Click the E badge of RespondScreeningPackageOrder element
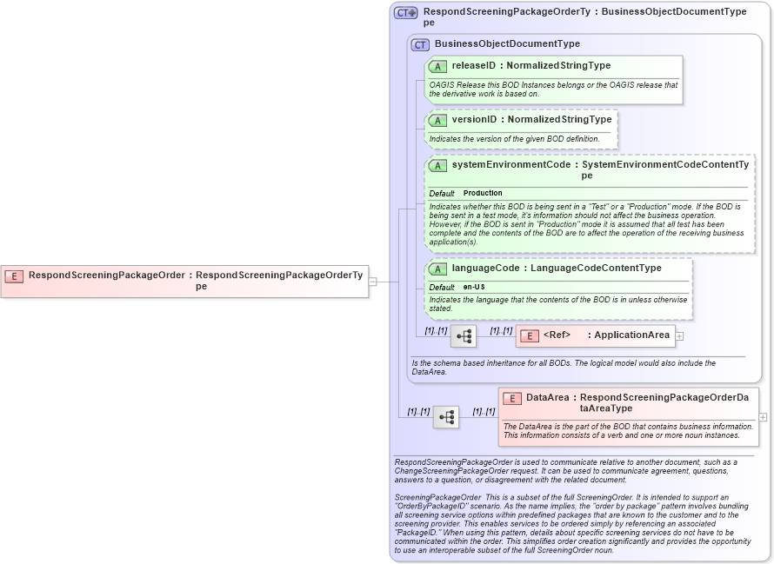(14, 275)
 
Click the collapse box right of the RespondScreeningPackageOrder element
(372, 282)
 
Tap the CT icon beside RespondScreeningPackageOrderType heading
(406, 13)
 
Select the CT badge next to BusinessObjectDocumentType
(421, 44)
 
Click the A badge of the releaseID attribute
(437, 66)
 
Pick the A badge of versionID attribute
(437, 120)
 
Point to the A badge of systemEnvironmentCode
(437, 165)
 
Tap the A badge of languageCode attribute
(437, 269)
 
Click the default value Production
(483, 193)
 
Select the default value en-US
(474, 287)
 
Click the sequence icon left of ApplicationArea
(464, 336)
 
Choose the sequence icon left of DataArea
(447, 418)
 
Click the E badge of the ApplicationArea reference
(528, 335)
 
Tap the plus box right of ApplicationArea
(680, 336)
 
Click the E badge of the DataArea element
(512, 398)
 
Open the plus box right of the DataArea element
(763, 417)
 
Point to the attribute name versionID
(474, 120)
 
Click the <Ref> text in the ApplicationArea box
(557, 335)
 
